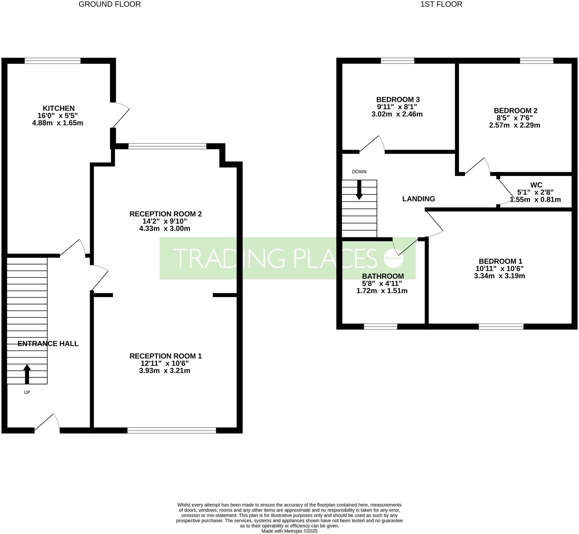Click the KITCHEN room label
pyautogui.click(x=58, y=108)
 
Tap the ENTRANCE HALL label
pyautogui.click(x=48, y=344)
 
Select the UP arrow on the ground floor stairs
pyautogui.click(x=27, y=374)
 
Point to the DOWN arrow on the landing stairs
pyautogui.click(x=359, y=190)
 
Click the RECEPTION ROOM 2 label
pyautogui.click(x=166, y=214)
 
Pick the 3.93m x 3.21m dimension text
pyautogui.click(x=165, y=371)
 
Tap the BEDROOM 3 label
pyautogui.click(x=398, y=100)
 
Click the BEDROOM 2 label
pyautogui.click(x=515, y=111)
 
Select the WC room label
pyautogui.click(x=536, y=185)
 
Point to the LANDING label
pyautogui.click(x=419, y=199)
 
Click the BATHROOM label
pyautogui.click(x=383, y=276)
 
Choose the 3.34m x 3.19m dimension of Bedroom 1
pyautogui.click(x=499, y=276)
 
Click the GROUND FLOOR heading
pyautogui.click(x=110, y=4)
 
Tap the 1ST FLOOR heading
pyautogui.click(x=441, y=4)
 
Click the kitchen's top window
pyautogui.click(x=53, y=61)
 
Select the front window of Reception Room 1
pyautogui.click(x=172, y=430)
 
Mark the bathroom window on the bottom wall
pyautogui.click(x=380, y=327)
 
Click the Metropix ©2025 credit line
pyautogui.click(x=289, y=531)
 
